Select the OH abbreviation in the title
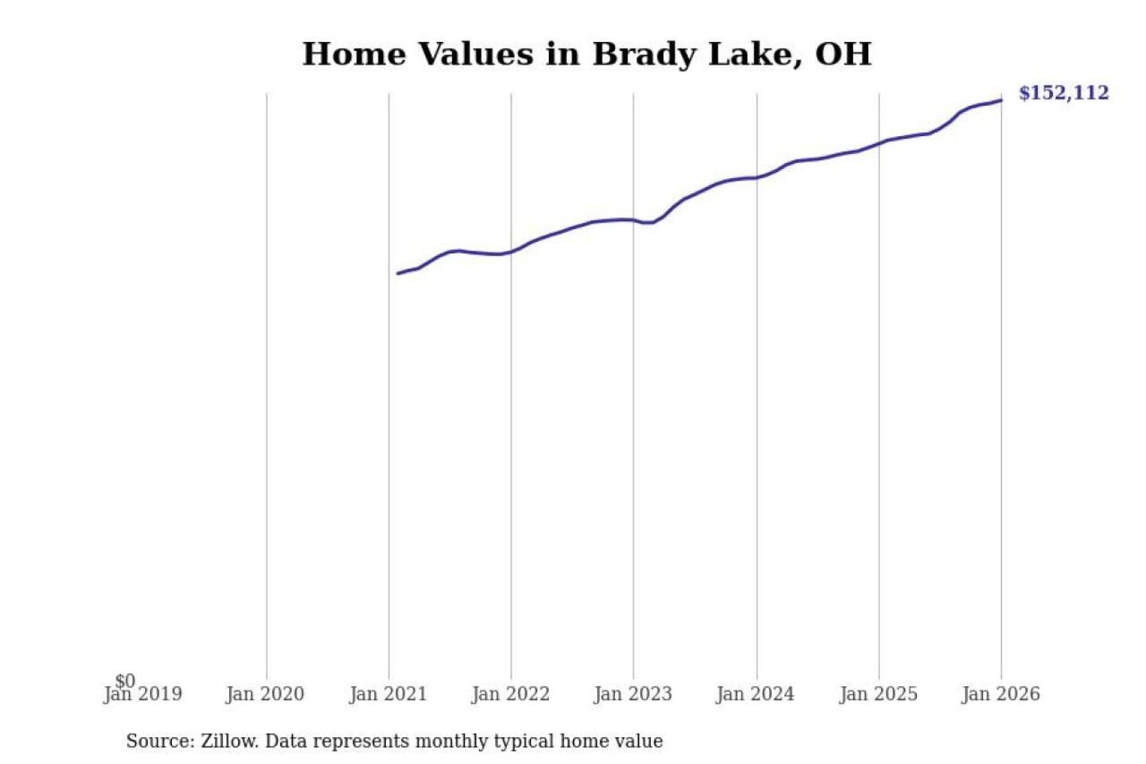click(843, 54)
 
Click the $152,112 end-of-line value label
click(1063, 93)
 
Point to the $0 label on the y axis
click(125, 681)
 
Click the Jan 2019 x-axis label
click(143, 695)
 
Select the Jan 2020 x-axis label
click(265, 695)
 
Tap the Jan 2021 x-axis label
click(388, 695)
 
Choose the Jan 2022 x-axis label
click(510, 695)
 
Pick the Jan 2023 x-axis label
click(633, 695)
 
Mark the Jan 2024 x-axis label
click(755, 695)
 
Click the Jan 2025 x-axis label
click(878, 695)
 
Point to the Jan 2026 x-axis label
click(1000, 695)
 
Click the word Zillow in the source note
click(228, 742)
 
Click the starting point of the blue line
click(398, 274)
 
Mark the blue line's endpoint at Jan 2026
click(1001, 100)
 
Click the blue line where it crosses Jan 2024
click(757, 177)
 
